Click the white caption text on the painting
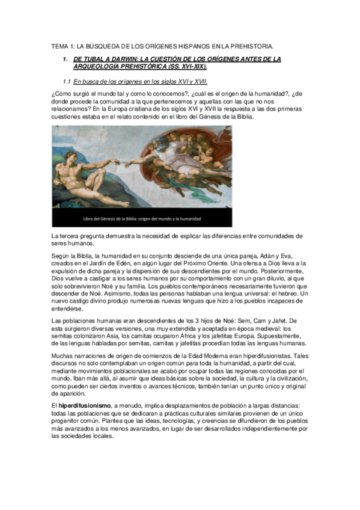click(141, 219)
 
